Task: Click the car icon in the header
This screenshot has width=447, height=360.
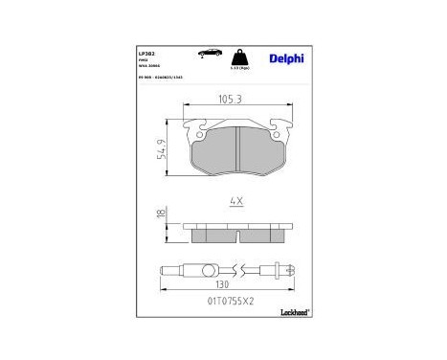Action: click(203, 55)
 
